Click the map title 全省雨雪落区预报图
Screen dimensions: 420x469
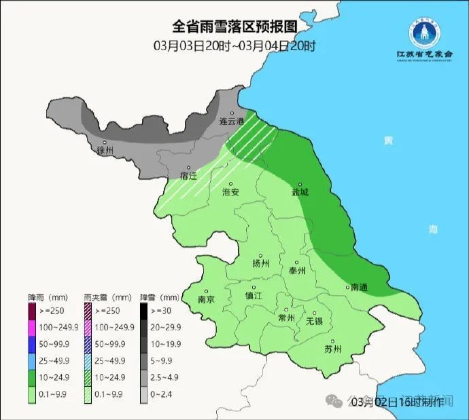point(234,27)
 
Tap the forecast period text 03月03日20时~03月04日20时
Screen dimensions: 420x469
point(234,46)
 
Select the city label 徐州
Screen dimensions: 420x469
point(105,151)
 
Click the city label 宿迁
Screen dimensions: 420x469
point(188,176)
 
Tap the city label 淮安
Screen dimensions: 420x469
point(231,192)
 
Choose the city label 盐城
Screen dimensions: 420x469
point(300,192)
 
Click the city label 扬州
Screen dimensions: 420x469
point(260,263)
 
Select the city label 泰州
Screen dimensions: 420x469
point(298,270)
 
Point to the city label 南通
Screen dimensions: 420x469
point(358,288)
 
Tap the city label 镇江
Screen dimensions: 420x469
point(253,297)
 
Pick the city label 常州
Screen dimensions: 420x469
point(286,318)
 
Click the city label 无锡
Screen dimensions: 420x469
point(314,320)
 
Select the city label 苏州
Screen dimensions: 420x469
point(333,349)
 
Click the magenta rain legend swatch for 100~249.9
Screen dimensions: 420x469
point(32,327)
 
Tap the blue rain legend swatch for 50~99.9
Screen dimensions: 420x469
point(32,345)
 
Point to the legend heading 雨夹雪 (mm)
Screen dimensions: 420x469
point(107,297)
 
